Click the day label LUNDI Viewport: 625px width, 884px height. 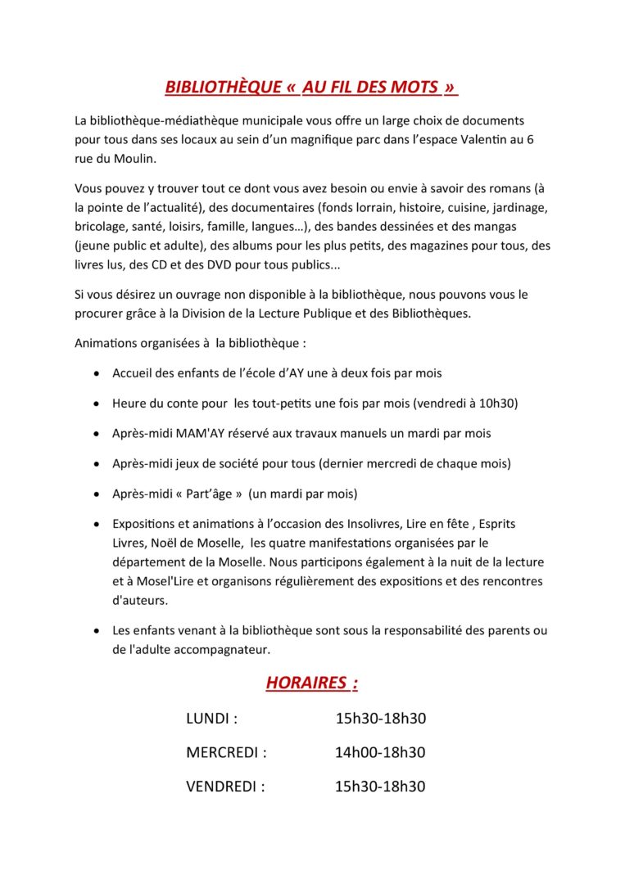[x=211, y=719]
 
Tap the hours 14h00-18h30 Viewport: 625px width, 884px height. [x=380, y=752]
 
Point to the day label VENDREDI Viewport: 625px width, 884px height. [x=225, y=787]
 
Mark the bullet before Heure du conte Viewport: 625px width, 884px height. [x=96, y=404]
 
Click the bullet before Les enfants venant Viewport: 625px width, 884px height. [x=96, y=631]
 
